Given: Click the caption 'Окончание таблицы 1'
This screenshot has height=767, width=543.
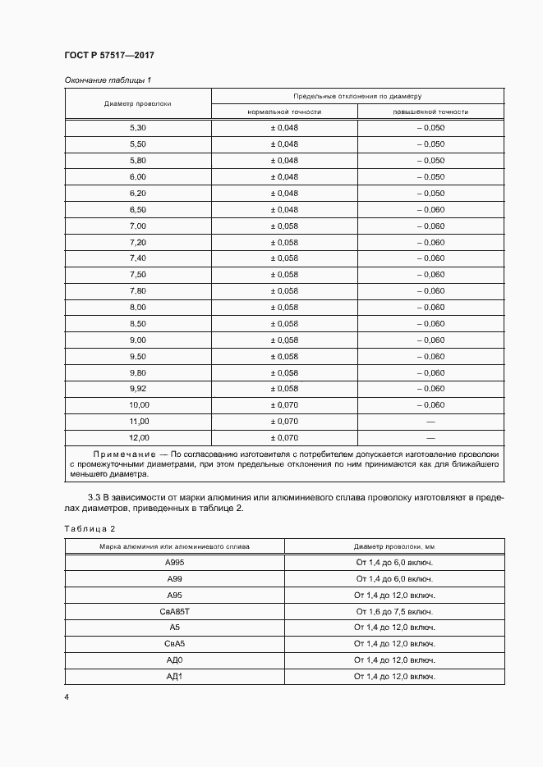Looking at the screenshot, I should coord(108,80).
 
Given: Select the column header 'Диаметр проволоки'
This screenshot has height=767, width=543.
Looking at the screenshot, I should coord(137,104).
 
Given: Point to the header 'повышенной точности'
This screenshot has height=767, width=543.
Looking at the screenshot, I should coord(430,112).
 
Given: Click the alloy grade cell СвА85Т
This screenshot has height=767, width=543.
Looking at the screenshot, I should coord(174,611).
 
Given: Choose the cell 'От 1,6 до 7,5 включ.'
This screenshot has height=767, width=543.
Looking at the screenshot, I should coord(394,611).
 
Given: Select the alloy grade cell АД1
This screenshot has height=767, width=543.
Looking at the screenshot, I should coord(174,676).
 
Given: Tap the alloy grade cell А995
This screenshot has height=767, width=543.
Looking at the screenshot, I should coord(174,563).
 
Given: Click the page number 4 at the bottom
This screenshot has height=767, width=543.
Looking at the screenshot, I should coord(67,697).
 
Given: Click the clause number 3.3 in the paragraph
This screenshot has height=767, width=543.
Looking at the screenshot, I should coord(94,497).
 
